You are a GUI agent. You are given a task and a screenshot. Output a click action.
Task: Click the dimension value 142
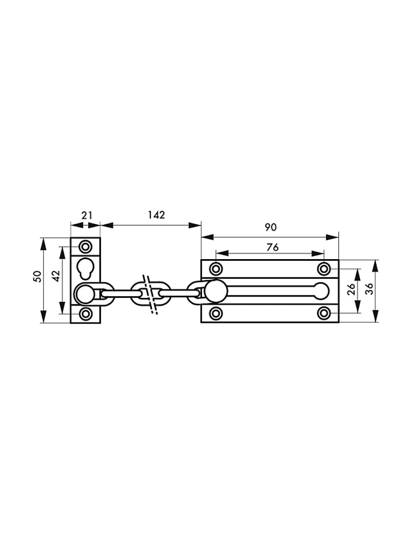tap(156, 215)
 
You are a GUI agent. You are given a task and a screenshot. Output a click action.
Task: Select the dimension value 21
tap(87, 216)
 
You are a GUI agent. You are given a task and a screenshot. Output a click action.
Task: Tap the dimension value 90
tap(270, 227)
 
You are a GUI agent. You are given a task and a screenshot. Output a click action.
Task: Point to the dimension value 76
tap(272, 247)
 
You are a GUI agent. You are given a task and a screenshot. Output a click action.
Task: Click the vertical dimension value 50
tap(38, 276)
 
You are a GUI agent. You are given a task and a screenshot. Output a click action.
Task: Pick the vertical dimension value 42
tap(57, 276)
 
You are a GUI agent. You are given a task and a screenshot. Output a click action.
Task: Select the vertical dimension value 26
tap(351, 289)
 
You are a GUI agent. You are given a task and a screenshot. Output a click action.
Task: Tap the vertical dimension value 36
tap(369, 289)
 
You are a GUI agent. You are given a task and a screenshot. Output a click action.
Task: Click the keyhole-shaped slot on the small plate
tap(86, 268)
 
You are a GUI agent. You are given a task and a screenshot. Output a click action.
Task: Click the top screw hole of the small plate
tap(86, 246)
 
